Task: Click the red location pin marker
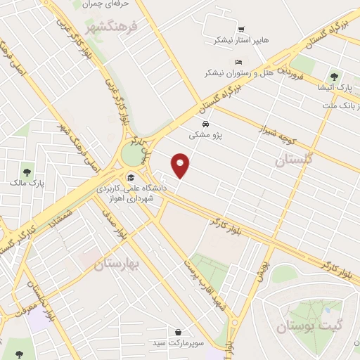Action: [x=181, y=164]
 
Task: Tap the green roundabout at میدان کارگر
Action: [x=131, y=154]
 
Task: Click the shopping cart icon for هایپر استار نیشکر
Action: [x=241, y=30]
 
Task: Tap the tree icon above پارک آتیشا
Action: [x=334, y=76]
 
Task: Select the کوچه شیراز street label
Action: [x=259, y=128]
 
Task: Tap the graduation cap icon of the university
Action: [x=130, y=176]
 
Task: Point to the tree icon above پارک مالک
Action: [x=27, y=171]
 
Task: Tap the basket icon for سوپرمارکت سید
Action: [x=180, y=331]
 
